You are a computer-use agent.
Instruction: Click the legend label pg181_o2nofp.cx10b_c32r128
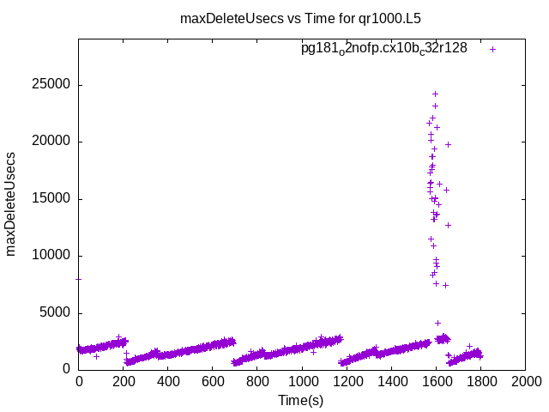tap(383, 48)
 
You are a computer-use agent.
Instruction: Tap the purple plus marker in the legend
tap(492, 49)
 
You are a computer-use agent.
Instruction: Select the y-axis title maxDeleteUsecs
tap(12, 203)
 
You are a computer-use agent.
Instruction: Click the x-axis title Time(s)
tap(300, 400)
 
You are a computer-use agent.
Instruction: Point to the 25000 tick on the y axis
tap(52, 85)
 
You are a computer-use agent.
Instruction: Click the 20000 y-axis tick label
tap(52, 142)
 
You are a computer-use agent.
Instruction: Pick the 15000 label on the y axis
tap(52, 199)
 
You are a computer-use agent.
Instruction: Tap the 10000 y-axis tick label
tap(52, 256)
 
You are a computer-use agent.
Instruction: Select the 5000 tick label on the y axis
tap(56, 312)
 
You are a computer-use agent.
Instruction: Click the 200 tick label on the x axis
tap(124, 382)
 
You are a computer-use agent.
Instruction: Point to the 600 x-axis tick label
tap(213, 382)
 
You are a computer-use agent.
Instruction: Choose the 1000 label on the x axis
tap(302, 382)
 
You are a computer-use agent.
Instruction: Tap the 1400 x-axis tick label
tap(391, 382)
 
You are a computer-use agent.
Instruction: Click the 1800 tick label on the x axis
tap(480, 382)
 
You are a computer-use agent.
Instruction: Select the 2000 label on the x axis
tap(525, 382)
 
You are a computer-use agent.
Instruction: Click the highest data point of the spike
tap(435, 94)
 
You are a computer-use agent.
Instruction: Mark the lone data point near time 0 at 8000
tap(79, 279)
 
